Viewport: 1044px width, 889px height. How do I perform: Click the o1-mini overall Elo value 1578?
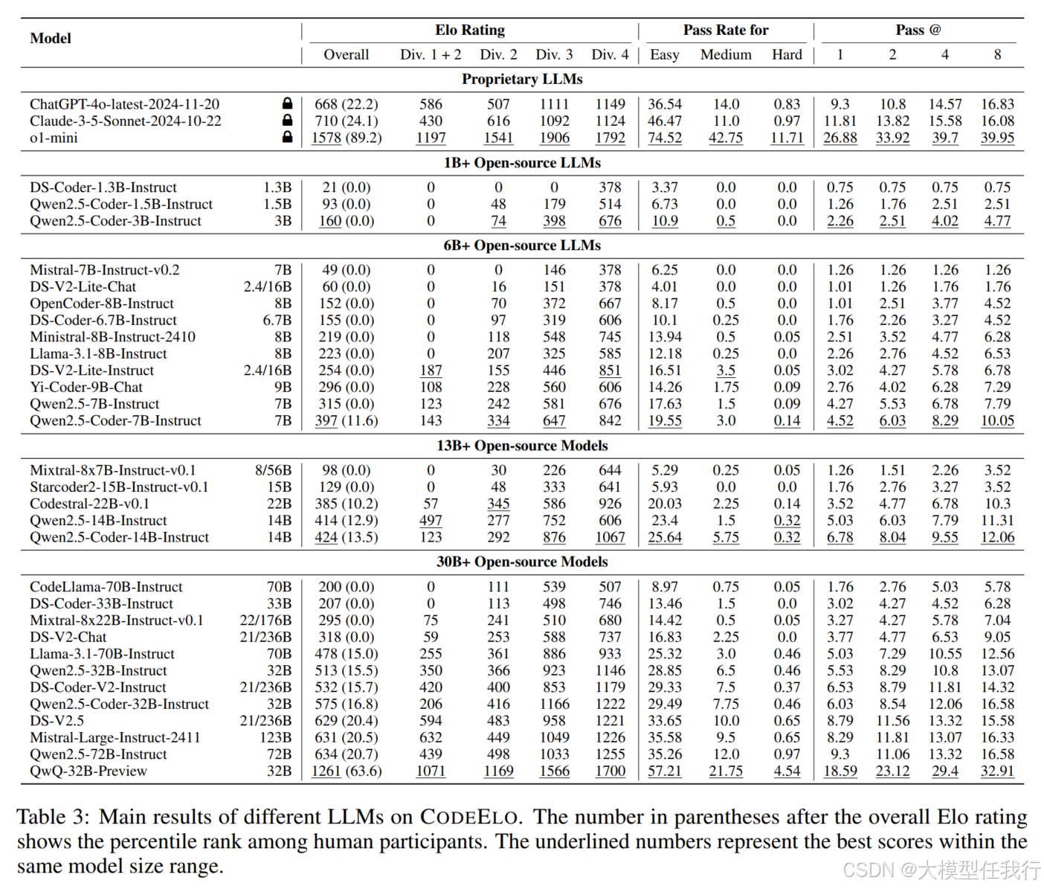pyautogui.click(x=326, y=138)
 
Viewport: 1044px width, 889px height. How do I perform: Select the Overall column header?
pyautogui.click(x=346, y=54)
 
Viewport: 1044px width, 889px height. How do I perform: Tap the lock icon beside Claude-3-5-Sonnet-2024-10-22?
pyautogui.click(x=287, y=121)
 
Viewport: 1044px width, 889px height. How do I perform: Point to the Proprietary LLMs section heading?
pyautogui.click(x=522, y=79)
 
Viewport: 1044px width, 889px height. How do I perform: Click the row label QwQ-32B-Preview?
pyautogui.click(x=88, y=771)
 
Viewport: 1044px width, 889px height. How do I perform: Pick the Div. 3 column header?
pyautogui.click(x=554, y=54)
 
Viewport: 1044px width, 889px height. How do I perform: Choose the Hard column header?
pyautogui.click(x=787, y=54)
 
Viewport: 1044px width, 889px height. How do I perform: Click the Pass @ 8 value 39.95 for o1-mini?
pyautogui.click(x=997, y=138)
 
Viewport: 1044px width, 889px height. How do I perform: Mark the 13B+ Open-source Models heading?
pyautogui.click(x=522, y=446)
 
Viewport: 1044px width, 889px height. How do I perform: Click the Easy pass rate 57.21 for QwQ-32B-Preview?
pyautogui.click(x=665, y=771)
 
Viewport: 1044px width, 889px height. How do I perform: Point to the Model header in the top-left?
pyautogui.click(x=51, y=38)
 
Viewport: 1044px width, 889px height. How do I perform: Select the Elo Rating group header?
pyautogui.click(x=470, y=30)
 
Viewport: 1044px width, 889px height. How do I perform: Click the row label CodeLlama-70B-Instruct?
pyautogui.click(x=106, y=587)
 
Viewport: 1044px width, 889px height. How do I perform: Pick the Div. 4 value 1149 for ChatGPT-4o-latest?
pyautogui.click(x=610, y=104)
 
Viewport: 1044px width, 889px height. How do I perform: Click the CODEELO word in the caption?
pyautogui.click(x=469, y=817)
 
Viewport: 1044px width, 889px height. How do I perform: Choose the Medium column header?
pyautogui.click(x=726, y=54)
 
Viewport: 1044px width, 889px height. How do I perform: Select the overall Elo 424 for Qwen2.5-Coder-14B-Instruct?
pyautogui.click(x=326, y=537)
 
